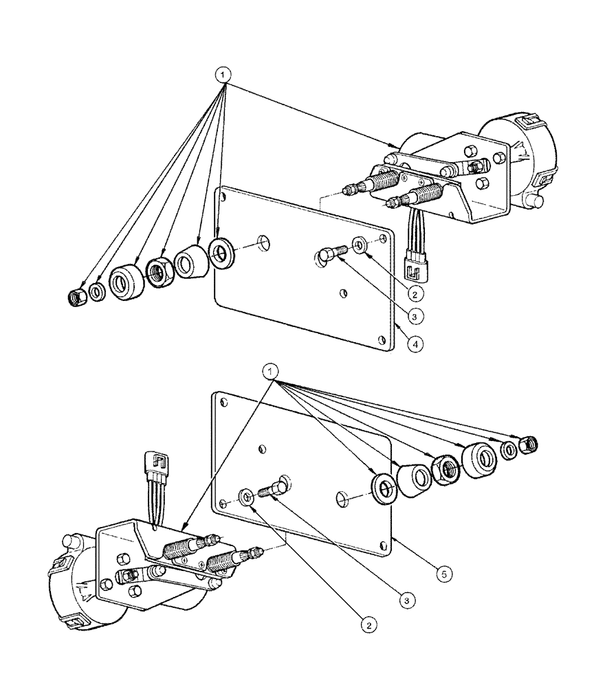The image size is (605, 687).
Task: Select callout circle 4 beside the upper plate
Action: click(x=415, y=343)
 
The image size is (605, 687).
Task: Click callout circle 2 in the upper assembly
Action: click(x=413, y=293)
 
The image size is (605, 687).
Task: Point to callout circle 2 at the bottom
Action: click(x=369, y=624)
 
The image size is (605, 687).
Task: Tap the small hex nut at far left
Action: click(x=78, y=297)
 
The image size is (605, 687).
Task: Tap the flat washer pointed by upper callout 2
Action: click(x=360, y=245)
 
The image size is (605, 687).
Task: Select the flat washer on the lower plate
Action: click(x=245, y=497)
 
